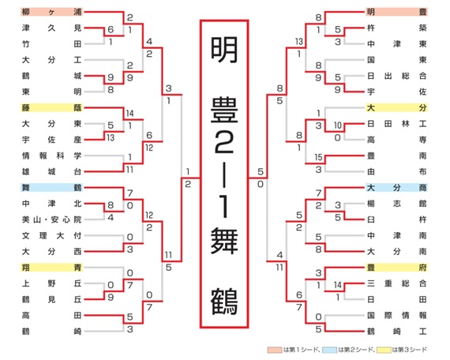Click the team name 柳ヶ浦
click(x=51, y=12)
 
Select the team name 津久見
click(x=51, y=28)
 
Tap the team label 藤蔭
click(x=51, y=107)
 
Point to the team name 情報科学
click(x=51, y=156)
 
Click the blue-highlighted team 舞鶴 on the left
click(x=51, y=187)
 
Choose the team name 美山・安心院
click(x=51, y=219)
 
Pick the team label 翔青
click(x=51, y=268)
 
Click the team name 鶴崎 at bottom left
click(x=51, y=332)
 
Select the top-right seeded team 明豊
click(x=397, y=12)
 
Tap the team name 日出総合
click(x=397, y=76)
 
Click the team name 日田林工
click(x=397, y=124)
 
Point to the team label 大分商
click(x=397, y=187)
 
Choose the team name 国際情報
click(x=397, y=315)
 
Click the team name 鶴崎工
click(x=397, y=332)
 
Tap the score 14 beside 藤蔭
click(x=129, y=114)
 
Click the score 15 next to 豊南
click(x=318, y=157)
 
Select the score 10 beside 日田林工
click(x=338, y=126)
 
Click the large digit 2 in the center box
click(x=224, y=142)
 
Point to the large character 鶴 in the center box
click(x=224, y=302)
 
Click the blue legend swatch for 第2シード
click(x=329, y=350)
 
